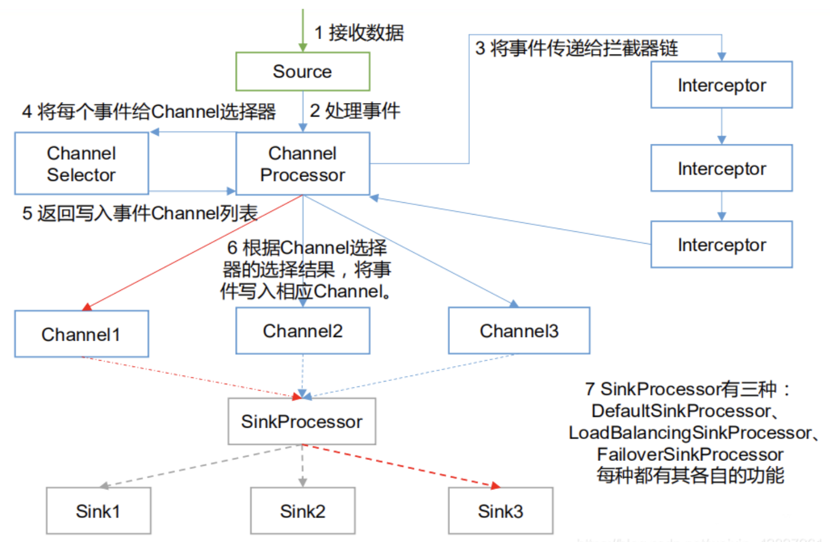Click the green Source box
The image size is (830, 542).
302,71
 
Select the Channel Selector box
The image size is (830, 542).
81,164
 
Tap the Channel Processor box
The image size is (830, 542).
302,164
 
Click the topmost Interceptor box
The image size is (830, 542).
721,85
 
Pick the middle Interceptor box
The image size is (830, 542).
721,168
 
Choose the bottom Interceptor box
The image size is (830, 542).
721,245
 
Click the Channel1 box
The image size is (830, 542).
81,334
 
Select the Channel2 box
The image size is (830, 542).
302,331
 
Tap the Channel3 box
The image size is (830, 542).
519,331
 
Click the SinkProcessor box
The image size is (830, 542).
301,421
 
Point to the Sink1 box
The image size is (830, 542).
98,511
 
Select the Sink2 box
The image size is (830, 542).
302,511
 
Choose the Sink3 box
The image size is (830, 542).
500,511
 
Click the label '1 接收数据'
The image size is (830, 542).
359,33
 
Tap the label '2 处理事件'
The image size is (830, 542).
355,111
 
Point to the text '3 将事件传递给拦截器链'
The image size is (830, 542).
576,48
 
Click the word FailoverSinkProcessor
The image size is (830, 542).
690,455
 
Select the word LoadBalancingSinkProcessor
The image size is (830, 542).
690,433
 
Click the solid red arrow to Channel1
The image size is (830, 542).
193,252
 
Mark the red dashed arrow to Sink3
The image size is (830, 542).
400,465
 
